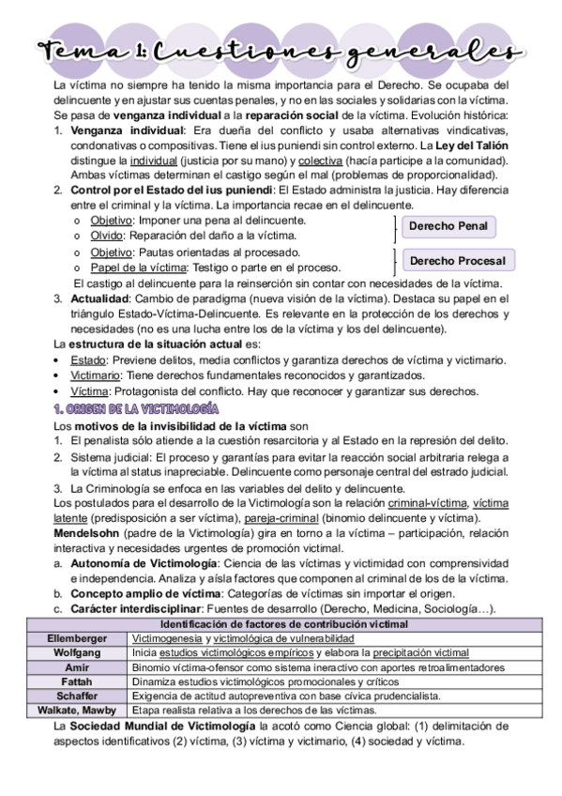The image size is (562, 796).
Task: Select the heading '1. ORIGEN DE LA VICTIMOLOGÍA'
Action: pos(136,409)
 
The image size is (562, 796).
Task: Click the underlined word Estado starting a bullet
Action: pos(88,360)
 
